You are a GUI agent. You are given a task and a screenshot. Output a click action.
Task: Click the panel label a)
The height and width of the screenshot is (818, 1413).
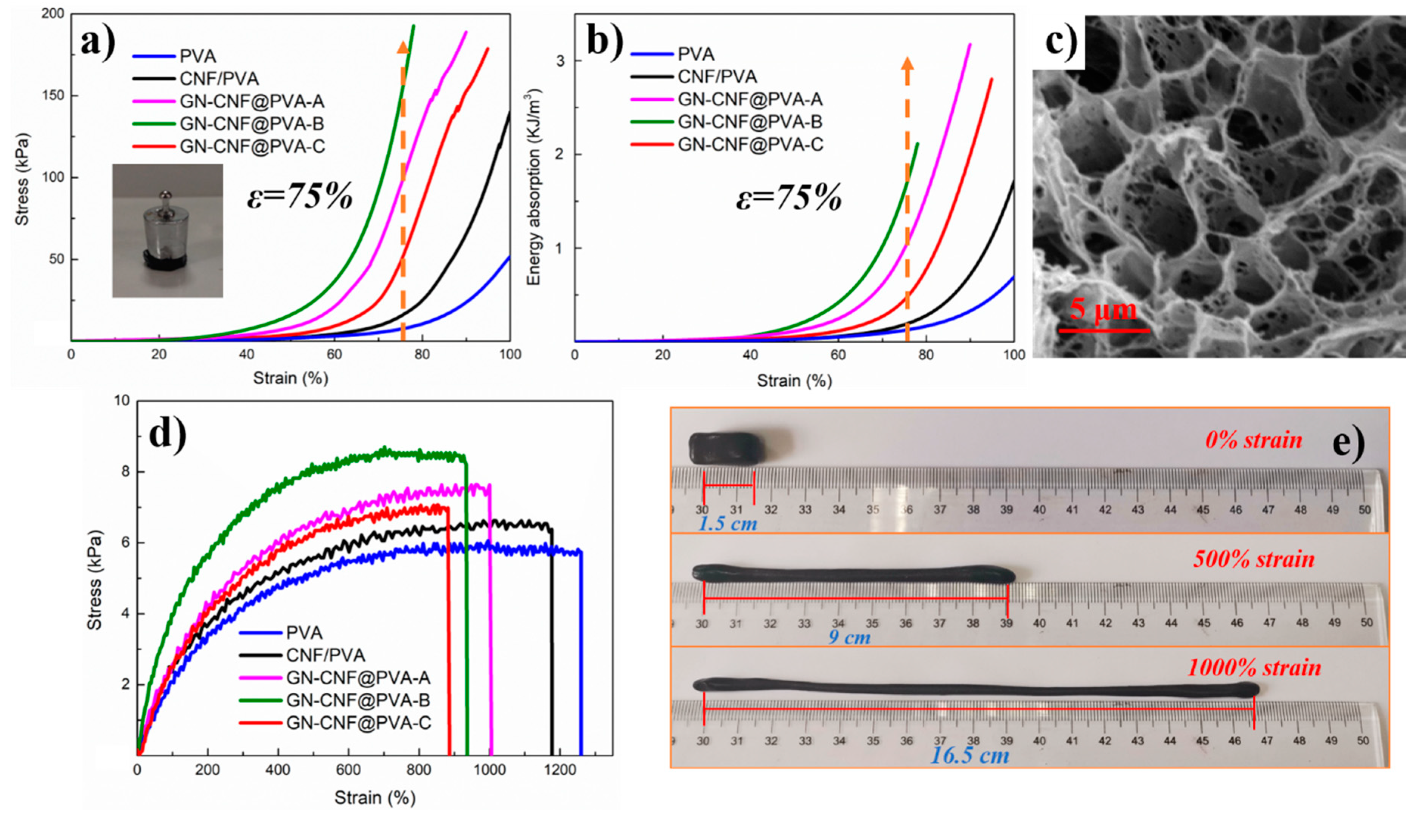98,42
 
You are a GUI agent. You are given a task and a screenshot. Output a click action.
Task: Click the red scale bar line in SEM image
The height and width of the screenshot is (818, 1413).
1104,330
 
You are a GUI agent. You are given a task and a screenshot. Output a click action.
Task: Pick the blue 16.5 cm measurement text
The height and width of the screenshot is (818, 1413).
970,755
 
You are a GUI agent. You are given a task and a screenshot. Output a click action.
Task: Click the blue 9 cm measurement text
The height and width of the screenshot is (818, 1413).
849,637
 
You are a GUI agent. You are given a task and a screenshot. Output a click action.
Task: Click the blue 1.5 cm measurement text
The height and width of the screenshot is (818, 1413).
727,524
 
